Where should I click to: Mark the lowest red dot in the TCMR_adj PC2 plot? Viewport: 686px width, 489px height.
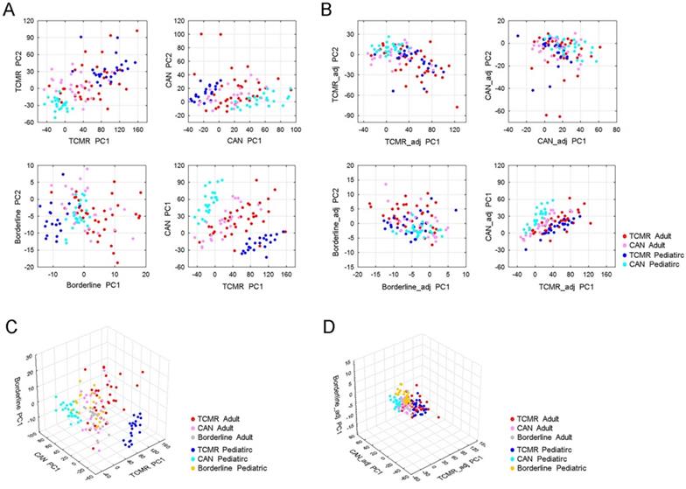click(x=457, y=107)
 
